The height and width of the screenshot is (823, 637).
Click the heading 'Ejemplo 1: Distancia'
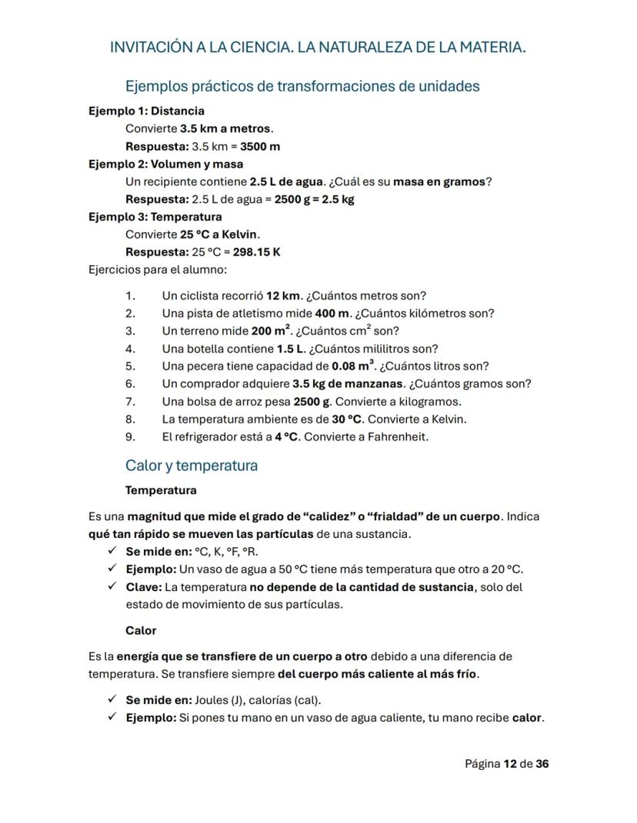[x=146, y=111]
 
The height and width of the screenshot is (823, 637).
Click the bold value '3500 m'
[x=260, y=146]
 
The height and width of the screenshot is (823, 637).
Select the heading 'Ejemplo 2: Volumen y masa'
[x=165, y=164]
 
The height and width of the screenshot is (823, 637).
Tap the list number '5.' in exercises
[x=130, y=366]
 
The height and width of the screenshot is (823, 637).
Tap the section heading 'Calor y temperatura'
[x=192, y=466]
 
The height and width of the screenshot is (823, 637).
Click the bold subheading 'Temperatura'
[x=161, y=490]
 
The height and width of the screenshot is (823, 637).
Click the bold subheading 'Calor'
[x=141, y=630]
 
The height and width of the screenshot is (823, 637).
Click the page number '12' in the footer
[x=510, y=764]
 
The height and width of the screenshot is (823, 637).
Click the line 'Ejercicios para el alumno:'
[x=158, y=270]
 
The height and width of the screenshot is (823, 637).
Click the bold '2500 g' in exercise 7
[x=312, y=401]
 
